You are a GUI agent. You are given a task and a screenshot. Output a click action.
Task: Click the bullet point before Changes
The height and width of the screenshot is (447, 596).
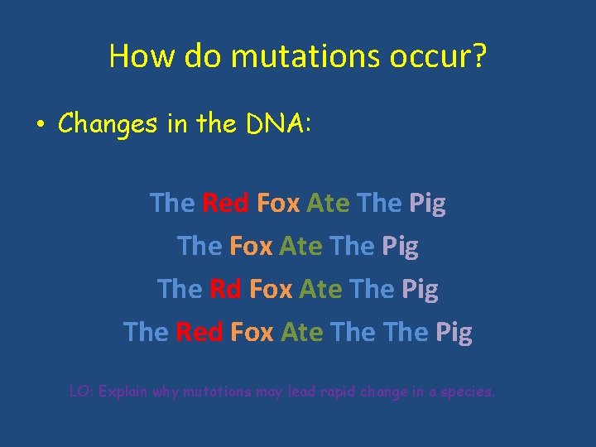tap(40, 125)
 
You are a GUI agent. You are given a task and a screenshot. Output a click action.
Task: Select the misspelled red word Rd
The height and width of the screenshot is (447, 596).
tap(225, 289)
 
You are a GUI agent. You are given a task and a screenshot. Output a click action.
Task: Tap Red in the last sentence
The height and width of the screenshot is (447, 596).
tap(199, 332)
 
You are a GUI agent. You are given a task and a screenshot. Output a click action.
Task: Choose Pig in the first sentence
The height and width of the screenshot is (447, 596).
tap(427, 204)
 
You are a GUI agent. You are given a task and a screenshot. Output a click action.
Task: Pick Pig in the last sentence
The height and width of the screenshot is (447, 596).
tap(454, 333)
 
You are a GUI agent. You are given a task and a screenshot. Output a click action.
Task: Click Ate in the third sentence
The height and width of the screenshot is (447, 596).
tap(320, 289)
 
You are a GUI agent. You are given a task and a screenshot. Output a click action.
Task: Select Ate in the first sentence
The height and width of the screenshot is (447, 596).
tap(328, 203)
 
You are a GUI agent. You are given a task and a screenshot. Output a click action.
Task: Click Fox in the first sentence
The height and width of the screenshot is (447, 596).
tap(279, 203)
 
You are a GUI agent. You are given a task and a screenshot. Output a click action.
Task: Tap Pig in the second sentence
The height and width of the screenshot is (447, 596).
tap(400, 247)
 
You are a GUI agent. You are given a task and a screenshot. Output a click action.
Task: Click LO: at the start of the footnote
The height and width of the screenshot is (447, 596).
tap(80, 392)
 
